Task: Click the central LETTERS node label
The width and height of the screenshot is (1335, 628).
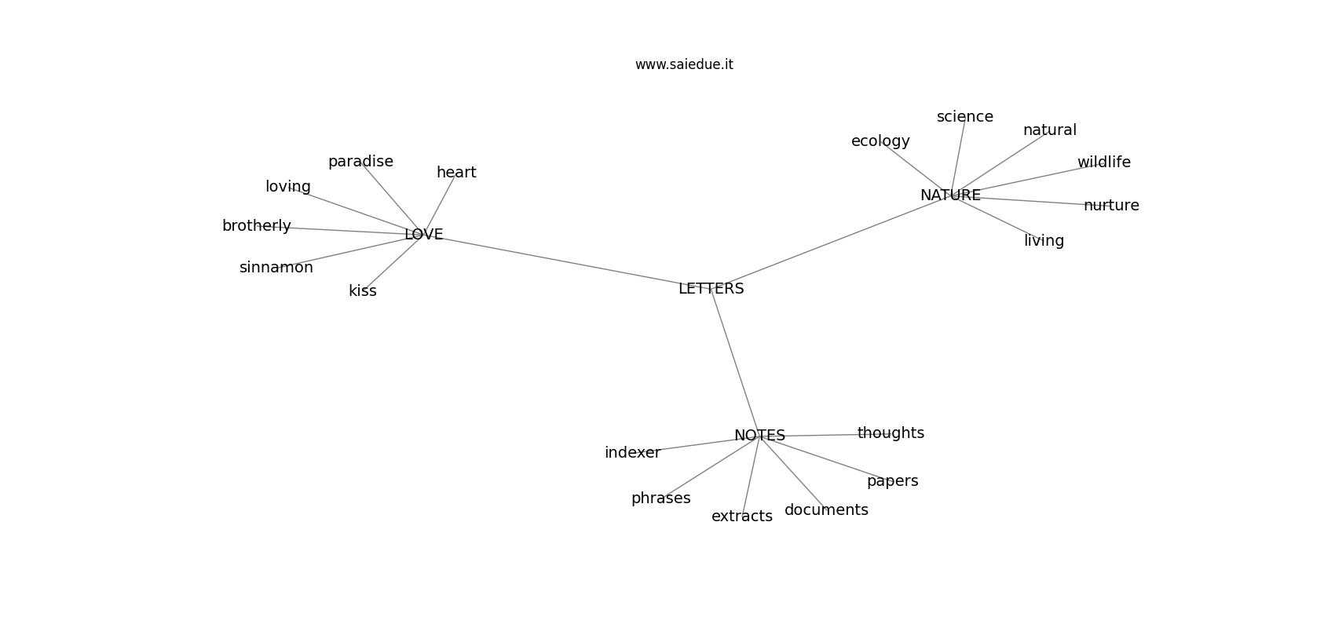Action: pos(711,289)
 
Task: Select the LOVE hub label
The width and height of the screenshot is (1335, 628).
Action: pos(424,235)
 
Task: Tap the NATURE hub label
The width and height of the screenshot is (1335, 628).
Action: pos(950,195)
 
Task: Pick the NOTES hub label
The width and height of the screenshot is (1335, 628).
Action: pos(759,436)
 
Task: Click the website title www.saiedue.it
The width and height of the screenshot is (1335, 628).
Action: pos(684,64)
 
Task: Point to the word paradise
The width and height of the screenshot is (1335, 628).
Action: pos(360,162)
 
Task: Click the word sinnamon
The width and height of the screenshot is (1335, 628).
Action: pos(276,268)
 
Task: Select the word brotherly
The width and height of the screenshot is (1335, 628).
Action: pos(256,226)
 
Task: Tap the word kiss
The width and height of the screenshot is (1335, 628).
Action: pos(362,290)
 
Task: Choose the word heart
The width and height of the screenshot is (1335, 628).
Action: pos(456,172)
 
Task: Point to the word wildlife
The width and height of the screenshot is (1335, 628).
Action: pos(1104,162)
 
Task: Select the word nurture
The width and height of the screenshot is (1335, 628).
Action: pos(1111,206)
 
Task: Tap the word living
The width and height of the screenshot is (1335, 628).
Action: pos(1044,241)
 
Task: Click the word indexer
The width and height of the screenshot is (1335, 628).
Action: pos(632,453)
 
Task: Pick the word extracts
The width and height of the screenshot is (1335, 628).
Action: pos(742,516)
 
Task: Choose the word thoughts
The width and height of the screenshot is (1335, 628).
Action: pos(891,433)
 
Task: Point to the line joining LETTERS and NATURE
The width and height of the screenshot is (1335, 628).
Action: pos(831,242)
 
